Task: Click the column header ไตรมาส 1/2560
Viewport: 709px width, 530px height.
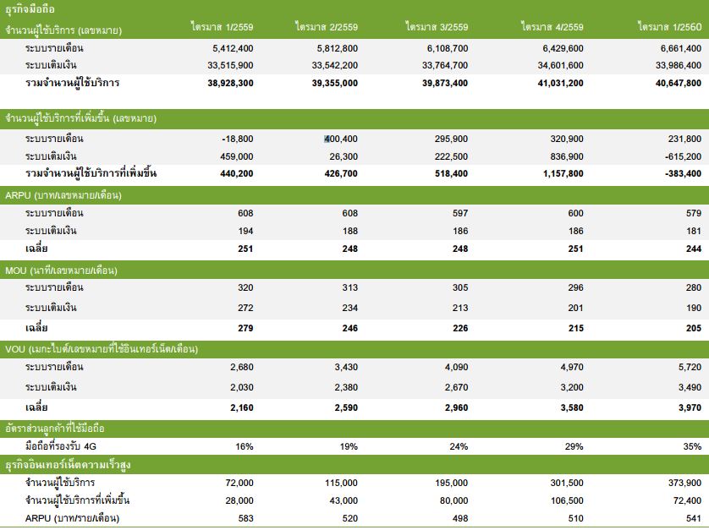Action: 670,27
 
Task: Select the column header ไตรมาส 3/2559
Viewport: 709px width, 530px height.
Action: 437,27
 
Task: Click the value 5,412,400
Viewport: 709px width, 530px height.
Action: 233,48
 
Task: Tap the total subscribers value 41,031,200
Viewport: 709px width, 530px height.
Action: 560,83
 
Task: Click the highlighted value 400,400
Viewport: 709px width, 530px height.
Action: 340,139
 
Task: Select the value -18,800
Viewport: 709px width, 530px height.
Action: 238,139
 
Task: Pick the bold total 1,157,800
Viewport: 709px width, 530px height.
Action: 563,173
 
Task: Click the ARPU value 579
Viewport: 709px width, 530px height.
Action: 694,213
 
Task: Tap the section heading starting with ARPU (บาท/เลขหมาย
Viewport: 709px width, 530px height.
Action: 63,195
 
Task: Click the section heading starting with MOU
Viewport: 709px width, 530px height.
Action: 61,270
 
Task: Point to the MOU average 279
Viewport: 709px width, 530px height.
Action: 245,329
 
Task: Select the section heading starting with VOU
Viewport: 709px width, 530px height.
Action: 102,349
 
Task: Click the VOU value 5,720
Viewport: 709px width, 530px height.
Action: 690,368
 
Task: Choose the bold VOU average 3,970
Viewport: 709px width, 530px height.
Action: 690,408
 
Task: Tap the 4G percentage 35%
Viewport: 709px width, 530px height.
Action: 692,447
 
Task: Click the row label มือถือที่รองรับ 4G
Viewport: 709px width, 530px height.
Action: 61,446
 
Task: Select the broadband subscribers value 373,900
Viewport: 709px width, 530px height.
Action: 685,483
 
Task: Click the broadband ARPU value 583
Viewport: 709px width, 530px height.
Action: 245,519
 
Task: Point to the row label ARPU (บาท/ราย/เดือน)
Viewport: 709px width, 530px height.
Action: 73,518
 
